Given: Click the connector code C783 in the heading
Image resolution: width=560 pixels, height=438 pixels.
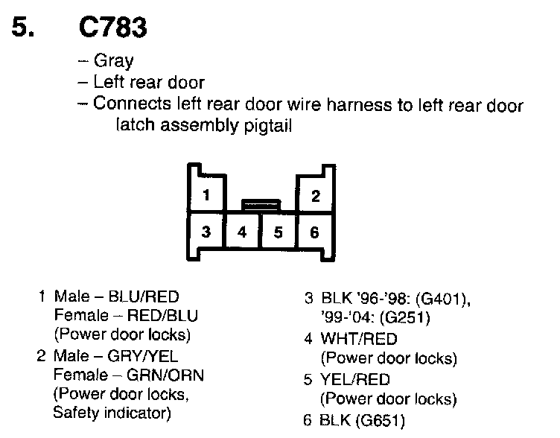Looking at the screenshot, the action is (112, 28).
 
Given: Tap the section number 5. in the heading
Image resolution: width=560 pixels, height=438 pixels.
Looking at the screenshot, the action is (27, 28).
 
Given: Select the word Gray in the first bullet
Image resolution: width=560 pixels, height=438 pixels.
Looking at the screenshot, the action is (114, 60).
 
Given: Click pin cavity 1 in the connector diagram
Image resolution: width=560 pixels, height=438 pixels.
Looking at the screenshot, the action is (206, 196).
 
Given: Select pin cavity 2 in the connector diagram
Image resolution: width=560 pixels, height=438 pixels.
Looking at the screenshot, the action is (315, 196).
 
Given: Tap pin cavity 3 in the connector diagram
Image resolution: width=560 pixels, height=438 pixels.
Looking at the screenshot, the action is (206, 232).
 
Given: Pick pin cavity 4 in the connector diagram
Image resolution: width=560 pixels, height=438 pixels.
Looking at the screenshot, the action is (242, 232).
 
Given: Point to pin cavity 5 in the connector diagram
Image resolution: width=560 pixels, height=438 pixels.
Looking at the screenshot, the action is (279, 232).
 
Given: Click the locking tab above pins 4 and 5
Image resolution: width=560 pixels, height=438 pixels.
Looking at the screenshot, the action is (261, 203).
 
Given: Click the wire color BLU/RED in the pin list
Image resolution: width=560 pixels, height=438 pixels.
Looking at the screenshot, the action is (144, 296).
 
